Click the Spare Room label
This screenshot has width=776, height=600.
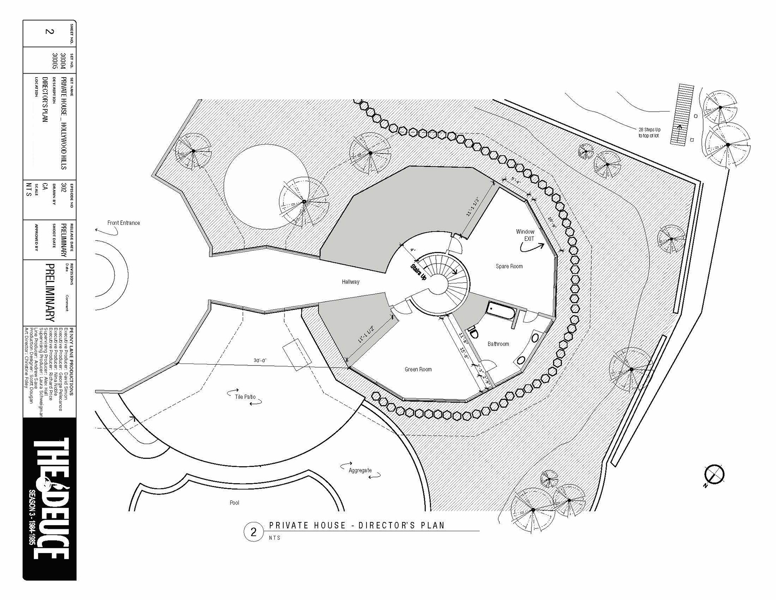coord(509,266)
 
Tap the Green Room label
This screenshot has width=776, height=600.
coord(418,370)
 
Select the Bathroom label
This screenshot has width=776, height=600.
coord(498,344)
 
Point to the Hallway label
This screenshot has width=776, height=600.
coord(350,282)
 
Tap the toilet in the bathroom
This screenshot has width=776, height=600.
coord(473,333)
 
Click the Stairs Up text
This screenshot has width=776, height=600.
coord(418,272)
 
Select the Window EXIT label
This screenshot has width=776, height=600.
coord(525,235)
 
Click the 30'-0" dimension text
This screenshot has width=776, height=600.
coord(260,360)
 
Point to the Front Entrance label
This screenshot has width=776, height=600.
coord(123,223)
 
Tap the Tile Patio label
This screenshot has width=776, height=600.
coord(245,397)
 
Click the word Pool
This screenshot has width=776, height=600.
coord(234,503)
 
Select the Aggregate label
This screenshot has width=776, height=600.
coord(360,470)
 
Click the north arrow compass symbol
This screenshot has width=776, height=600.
coord(714,475)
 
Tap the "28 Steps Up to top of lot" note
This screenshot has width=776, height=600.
coord(649,133)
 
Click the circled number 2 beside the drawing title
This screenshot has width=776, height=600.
coord(253,532)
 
